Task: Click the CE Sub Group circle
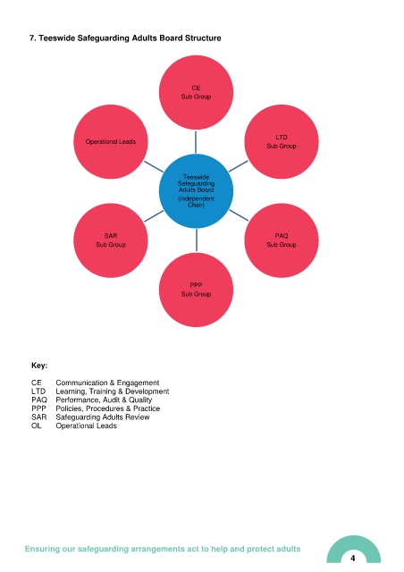click(196, 92)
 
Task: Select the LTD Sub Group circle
click(282, 141)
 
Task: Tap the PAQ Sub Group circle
click(282, 240)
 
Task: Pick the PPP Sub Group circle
click(196, 290)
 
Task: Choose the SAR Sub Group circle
click(111, 240)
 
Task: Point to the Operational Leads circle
click(111, 141)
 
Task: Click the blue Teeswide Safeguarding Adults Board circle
click(196, 190)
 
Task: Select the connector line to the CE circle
click(196, 142)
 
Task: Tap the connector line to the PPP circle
click(197, 240)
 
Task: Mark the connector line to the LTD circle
click(239, 166)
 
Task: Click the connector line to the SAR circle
click(154, 215)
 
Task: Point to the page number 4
click(352, 558)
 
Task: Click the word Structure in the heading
click(203, 38)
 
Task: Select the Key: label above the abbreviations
click(39, 366)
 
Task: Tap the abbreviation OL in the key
click(36, 425)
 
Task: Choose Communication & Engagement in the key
click(107, 383)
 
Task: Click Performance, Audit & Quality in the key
click(104, 400)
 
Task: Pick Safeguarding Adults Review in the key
click(103, 417)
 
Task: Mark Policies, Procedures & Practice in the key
click(107, 408)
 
